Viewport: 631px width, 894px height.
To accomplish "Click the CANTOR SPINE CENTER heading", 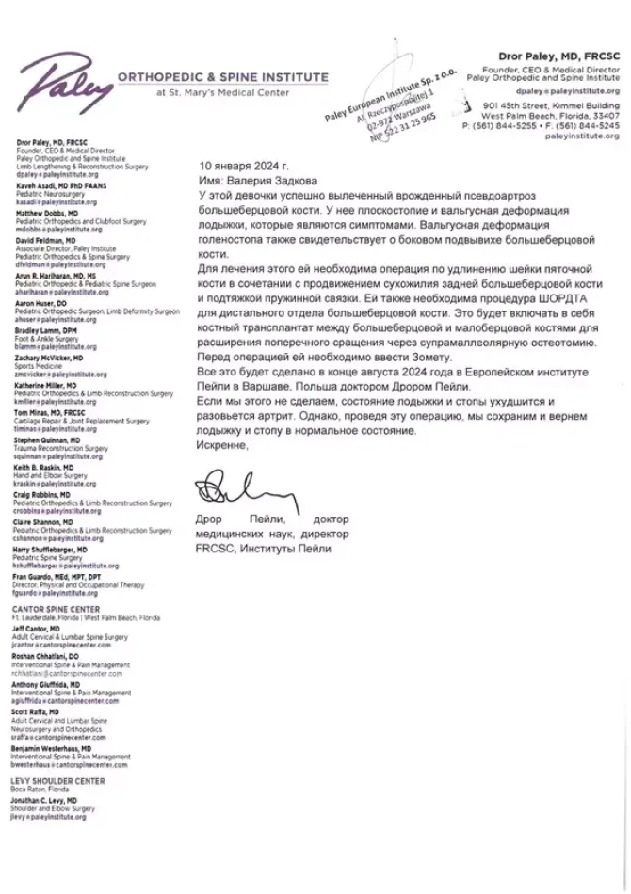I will (55, 610).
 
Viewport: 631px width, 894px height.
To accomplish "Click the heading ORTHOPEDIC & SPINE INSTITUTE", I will (222, 77).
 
